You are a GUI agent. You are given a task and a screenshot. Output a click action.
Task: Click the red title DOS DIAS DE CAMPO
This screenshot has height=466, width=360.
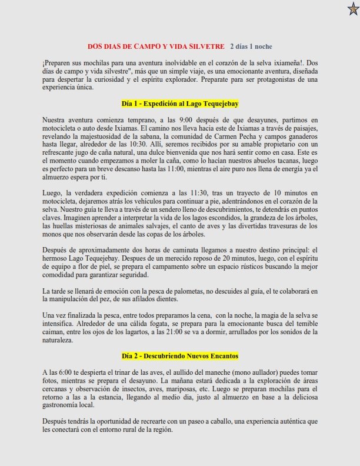click(x=156, y=46)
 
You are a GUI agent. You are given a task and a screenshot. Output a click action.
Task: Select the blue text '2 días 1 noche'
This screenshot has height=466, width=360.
click(x=251, y=46)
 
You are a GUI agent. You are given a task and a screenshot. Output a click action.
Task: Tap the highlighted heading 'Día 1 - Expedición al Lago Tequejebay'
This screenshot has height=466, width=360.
click(x=179, y=104)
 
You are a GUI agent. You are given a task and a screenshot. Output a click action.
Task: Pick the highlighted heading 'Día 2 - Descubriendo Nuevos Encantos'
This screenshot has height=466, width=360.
click(x=179, y=356)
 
